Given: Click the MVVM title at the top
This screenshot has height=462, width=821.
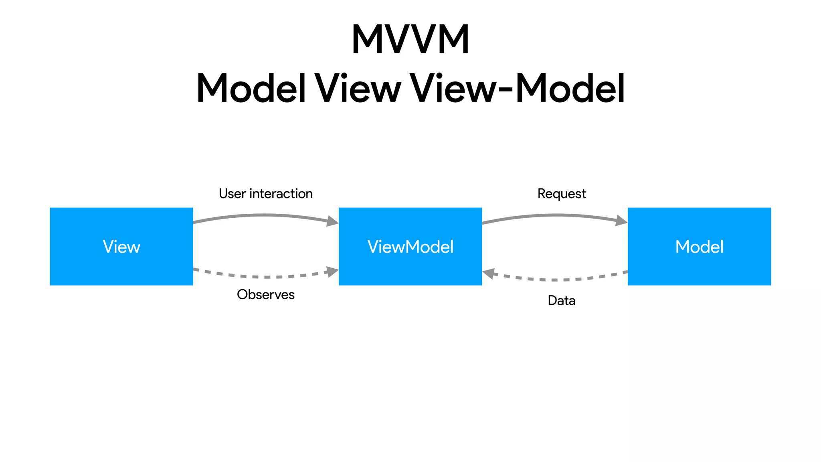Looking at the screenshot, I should click(410, 39).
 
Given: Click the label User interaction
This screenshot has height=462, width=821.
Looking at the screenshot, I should click(265, 194).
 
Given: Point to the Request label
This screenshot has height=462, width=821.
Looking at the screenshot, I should click(561, 194).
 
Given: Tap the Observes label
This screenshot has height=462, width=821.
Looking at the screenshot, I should click(265, 295).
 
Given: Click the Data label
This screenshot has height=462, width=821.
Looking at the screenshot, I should click(561, 300).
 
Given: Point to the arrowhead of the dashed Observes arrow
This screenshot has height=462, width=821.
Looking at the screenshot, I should click(333, 272).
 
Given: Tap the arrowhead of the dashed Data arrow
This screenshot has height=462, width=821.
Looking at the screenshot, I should click(488, 274).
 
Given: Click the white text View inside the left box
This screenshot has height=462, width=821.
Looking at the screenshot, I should click(121, 247).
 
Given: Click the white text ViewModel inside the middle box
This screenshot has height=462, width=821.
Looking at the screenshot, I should click(410, 247).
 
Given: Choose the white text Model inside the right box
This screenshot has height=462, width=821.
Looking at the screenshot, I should click(699, 247).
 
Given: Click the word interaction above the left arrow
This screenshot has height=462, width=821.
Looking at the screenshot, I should click(281, 194).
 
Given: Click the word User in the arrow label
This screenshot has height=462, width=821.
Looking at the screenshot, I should click(232, 194).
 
